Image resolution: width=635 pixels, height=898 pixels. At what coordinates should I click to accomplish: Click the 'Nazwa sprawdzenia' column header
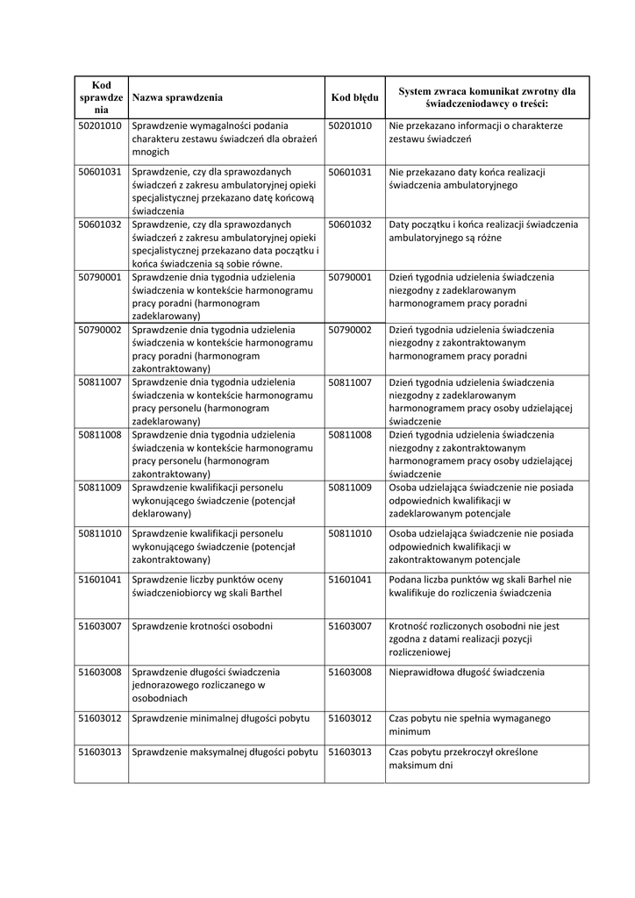click(177, 97)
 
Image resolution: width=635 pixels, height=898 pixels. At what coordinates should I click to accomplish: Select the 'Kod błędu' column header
click(354, 97)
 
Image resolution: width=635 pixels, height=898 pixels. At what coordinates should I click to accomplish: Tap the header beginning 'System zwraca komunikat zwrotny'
click(487, 97)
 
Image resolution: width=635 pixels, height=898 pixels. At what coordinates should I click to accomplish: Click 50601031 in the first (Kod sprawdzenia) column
click(100, 172)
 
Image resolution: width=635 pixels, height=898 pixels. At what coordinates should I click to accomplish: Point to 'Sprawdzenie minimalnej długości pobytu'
click(220, 718)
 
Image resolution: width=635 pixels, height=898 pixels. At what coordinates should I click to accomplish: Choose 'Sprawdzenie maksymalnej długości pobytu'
click(224, 752)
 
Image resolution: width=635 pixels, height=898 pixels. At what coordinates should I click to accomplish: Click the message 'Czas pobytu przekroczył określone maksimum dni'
click(463, 759)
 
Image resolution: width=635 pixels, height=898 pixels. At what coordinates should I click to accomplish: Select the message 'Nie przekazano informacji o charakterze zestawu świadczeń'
click(475, 132)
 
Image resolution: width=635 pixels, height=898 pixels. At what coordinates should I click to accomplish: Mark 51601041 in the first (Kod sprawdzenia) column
click(100, 580)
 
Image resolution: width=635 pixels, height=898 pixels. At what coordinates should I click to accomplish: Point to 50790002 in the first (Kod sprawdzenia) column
click(100, 330)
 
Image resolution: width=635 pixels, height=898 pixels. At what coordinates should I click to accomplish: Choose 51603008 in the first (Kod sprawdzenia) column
click(100, 672)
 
